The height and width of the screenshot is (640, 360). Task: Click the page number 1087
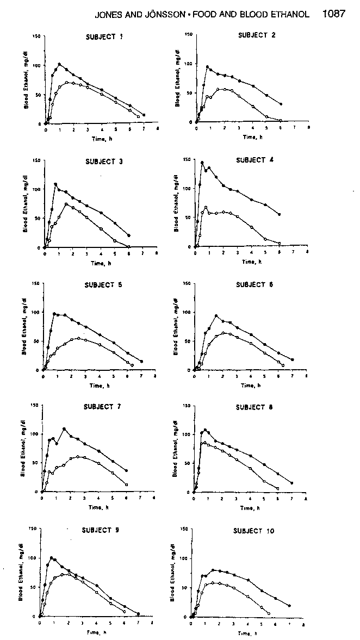(333, 14)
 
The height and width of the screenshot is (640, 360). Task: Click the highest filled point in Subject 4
(202, 163)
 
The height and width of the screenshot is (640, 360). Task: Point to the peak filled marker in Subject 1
(59, 64)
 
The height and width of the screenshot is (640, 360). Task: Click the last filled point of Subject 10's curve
(289, 605)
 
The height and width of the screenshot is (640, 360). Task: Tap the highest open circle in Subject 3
(66, 204)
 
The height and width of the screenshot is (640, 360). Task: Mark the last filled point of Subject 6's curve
(293, 359)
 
